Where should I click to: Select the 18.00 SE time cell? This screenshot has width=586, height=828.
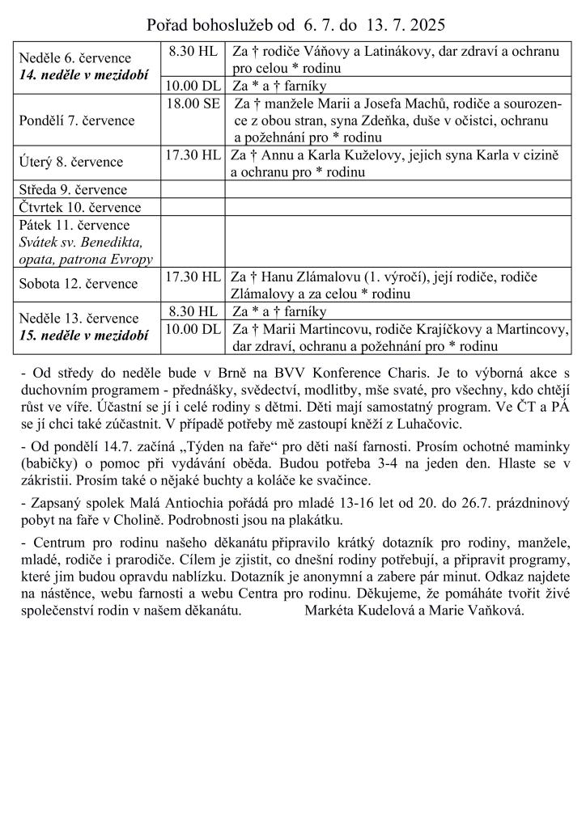[x=193, y=103]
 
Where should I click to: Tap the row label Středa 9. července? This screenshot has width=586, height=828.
[x=74, y=190]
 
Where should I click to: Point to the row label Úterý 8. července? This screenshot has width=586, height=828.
[x=71, y=162]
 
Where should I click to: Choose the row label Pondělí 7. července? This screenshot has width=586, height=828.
[x=77, y=120]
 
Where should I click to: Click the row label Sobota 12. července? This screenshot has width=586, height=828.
[x=79, y=284]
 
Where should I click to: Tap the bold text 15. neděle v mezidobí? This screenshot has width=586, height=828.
[x=83, y=335]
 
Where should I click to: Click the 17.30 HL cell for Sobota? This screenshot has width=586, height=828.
[x=193, y=277]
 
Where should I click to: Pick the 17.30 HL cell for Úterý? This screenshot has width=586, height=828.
[x=193, y=154]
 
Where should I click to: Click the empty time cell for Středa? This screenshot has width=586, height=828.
[x=193, y=190]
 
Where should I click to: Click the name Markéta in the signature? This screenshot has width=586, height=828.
[x=330, y=610]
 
